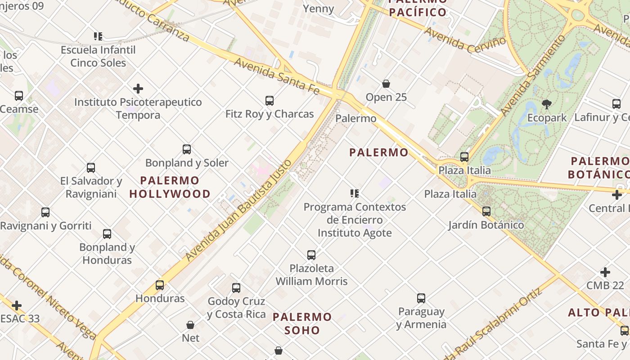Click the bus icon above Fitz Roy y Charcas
tap(270, 101)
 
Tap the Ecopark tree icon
tap(547, 105)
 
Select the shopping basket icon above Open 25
tap(386, 84)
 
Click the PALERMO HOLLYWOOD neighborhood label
tap(170, 187)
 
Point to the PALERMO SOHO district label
tap(302, 324)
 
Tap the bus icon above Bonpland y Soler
tap(187, 149)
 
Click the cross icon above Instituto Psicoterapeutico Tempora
tap(138, 89)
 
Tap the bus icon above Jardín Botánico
tap(486, 211)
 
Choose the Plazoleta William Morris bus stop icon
tap(311, 255)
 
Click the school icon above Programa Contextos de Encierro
tap(355, 193)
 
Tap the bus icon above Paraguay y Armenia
tap(421, 298)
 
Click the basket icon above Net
tap(190, 325)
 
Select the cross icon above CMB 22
tap(605, 272)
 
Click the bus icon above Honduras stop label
tap(160, 285)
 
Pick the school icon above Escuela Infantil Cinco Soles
tap(98, 36)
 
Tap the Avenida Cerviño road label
tap(465, 39)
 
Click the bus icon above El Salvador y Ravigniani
tap(91, 168)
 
